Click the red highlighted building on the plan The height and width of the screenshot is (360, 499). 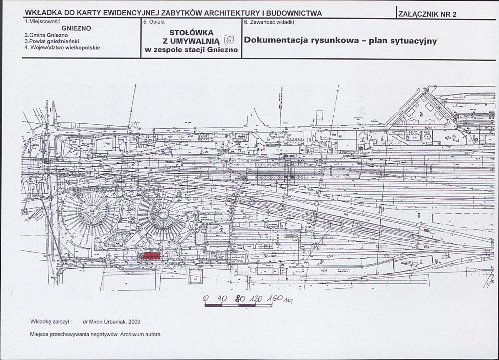click(151, 255)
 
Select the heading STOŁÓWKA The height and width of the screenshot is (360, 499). click(191, 32)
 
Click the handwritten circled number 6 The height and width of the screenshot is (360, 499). click(229, 40)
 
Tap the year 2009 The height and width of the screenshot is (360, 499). click(135, 322)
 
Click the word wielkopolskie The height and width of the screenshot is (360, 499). click(83, 47)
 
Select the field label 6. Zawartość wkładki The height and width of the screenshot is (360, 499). click(269, 22)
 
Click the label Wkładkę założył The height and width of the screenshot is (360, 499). click(51, 322)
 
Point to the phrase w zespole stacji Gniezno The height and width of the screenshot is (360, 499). click(191, 50)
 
